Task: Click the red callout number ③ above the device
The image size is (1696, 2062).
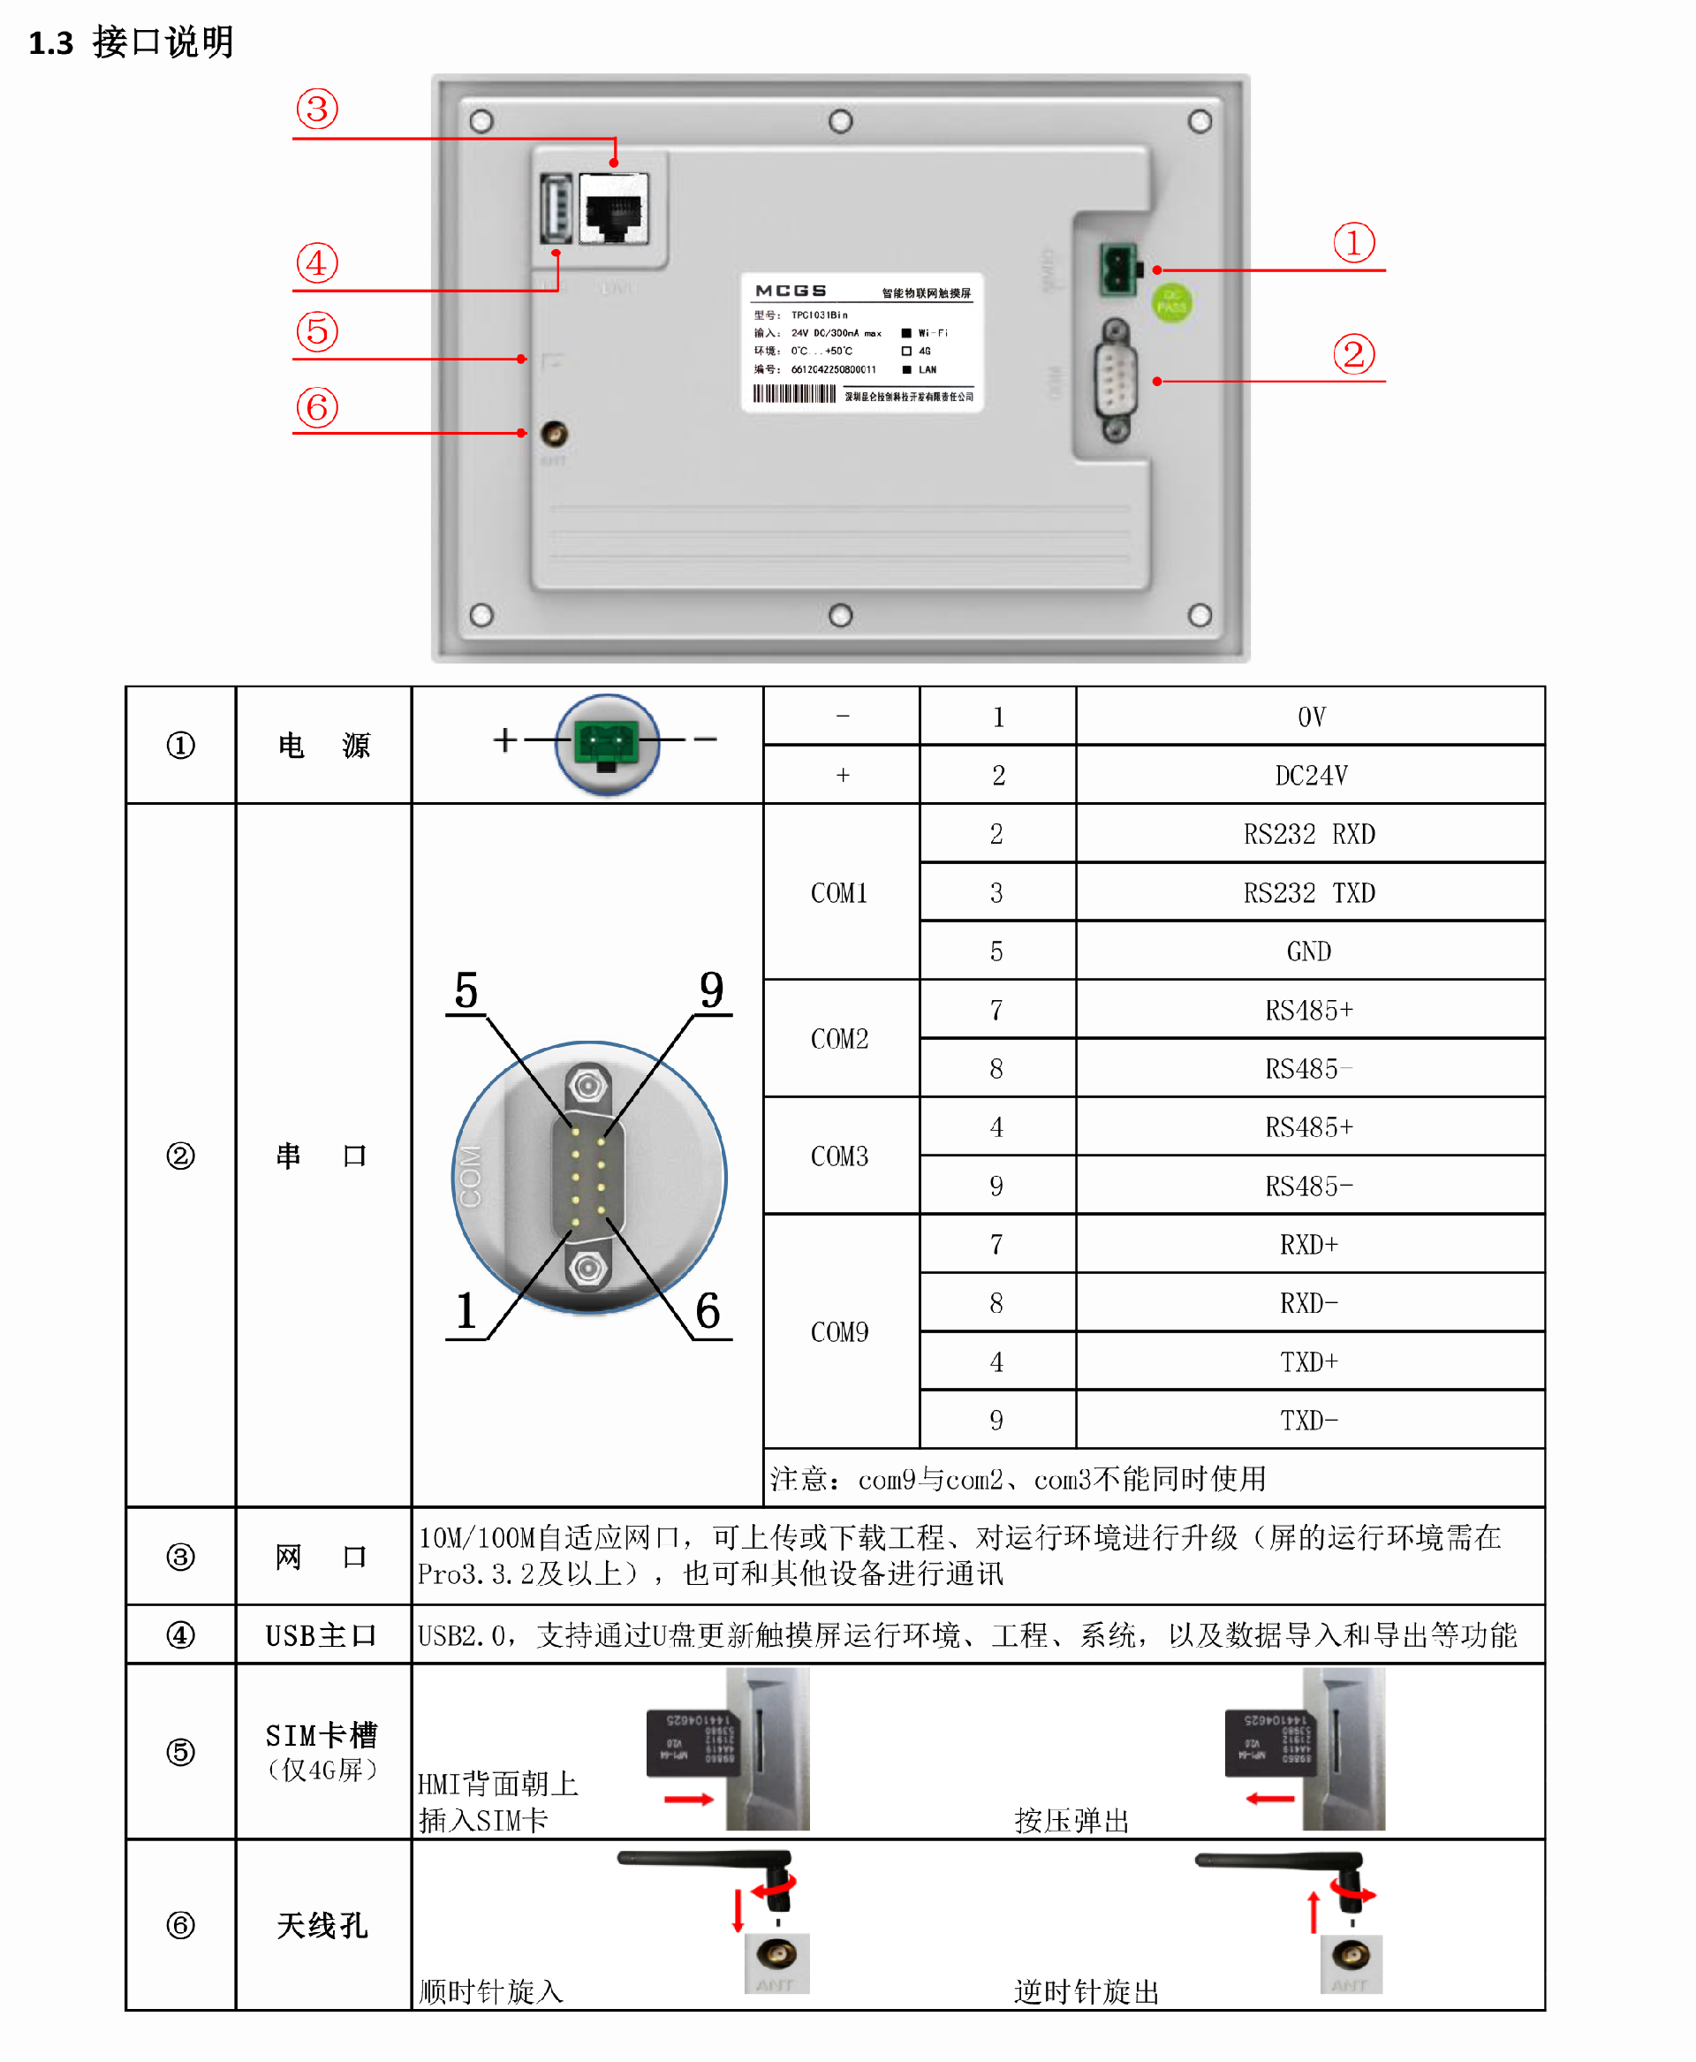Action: pos(316,110)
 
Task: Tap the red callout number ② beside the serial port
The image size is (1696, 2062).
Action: pos(1353,353)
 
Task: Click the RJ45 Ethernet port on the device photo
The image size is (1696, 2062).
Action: pos(614,209)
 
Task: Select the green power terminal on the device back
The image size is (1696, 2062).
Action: pos(1118,269)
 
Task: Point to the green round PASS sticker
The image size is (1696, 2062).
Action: pos(1171,303)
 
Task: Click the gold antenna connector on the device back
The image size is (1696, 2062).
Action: pos(554,433)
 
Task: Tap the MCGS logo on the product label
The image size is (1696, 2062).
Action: pos(791,292)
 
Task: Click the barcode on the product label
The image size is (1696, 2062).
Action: pos(793,394)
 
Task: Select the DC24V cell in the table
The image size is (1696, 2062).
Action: pos(1310,775)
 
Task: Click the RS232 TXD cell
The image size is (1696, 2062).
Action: pos(1309,892)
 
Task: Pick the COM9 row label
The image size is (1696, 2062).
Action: pos(839,1332)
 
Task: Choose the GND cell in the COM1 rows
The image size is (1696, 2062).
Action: pos(1309,951)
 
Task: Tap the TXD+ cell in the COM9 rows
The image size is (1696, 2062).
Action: pos(1309,1361)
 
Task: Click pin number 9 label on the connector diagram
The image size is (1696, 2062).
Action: pos(711,990)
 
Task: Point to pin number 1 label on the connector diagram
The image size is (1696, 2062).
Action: pos(466,1310)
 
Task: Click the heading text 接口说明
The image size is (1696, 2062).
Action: pos(163,42)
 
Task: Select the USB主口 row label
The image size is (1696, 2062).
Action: pos(322,1635)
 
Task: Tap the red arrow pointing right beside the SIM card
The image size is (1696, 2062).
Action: pos(689,1799)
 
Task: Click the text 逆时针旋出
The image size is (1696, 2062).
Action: pos(1086,1991)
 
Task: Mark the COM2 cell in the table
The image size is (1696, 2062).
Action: pos(839,1039)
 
